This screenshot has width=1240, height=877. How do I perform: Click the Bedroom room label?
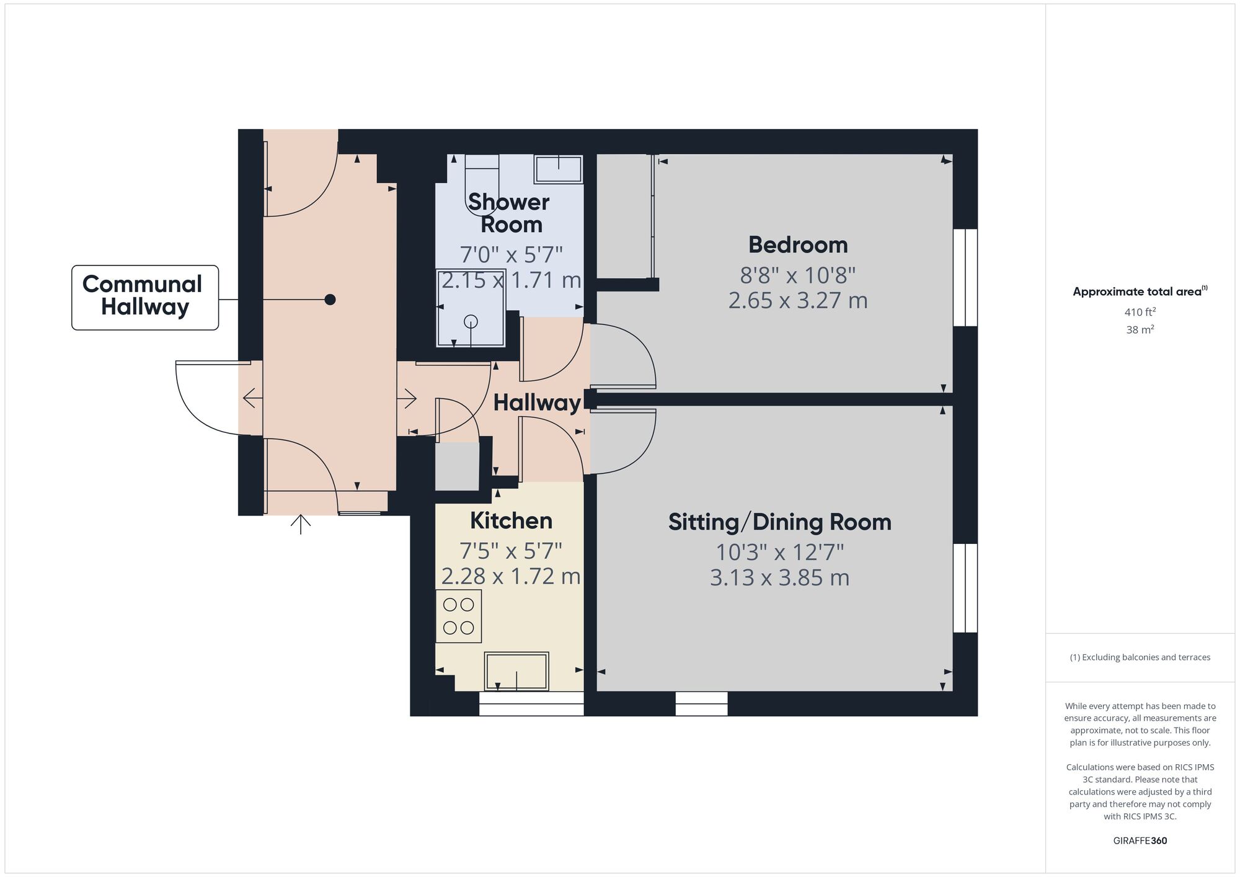(798, 245)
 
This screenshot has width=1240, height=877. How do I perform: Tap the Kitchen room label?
(511, 521)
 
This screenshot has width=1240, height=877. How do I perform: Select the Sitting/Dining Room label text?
(779, 522)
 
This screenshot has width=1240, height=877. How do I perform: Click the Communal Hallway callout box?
(145, 298)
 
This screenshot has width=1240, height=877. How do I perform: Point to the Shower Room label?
(509, 213)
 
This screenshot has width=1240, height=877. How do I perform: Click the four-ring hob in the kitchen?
(459, 616)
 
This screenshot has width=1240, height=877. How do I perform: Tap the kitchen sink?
(516, 670)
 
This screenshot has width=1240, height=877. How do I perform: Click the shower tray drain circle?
(471, 321)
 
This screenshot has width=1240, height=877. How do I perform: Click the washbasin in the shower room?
(559, 169)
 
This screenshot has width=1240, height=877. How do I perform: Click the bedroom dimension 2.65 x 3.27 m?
(797, 301)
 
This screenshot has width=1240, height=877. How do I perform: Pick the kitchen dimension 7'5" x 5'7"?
(511, 550)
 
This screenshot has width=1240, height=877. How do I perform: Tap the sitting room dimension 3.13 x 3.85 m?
(779, 578)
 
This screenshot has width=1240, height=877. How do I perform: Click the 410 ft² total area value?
(1140, 312)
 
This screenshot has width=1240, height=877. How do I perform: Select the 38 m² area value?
(1140, 329)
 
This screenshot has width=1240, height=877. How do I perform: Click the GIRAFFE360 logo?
(1140, 841)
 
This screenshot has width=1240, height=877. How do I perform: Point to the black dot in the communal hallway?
(330, 300)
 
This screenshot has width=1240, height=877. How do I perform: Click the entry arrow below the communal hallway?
(301, 524)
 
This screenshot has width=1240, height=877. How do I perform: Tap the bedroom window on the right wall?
(965, 277)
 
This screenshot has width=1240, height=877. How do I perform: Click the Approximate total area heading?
(1140, 292)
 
